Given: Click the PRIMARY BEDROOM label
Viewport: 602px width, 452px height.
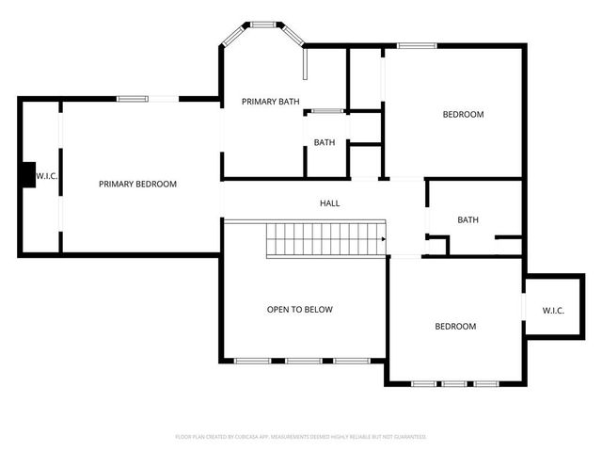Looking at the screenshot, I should tap(137, 185).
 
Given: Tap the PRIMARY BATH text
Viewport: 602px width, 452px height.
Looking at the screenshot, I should tap(270, 102).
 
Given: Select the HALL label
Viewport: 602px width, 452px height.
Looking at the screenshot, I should tap(329, 203).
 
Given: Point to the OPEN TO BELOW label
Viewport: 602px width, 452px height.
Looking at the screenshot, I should tap(299, 310).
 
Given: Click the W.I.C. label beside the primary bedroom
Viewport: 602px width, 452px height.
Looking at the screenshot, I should tap(47, 176).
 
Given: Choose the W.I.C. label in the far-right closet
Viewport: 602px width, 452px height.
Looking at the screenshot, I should tap(553, 311).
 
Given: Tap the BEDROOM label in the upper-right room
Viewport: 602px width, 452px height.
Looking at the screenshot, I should tap(463, 115).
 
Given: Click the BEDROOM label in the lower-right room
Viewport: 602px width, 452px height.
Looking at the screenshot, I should tap(454, 327).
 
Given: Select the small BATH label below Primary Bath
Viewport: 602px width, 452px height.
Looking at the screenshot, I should tap(325, 143).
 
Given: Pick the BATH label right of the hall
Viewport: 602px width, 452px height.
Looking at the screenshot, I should tap(467, 220).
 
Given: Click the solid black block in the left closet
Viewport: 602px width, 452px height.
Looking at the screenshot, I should tap(26, 176).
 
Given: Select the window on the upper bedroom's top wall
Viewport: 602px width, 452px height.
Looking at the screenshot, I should tap(416, 44).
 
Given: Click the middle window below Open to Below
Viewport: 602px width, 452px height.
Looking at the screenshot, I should tap(303, 360).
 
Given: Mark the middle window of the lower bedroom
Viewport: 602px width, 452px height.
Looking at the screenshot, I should tap(455, 383).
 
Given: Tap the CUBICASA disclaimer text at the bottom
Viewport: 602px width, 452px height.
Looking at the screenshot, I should tap(301, 437).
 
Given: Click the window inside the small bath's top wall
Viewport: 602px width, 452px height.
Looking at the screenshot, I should tap(326, 111).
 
